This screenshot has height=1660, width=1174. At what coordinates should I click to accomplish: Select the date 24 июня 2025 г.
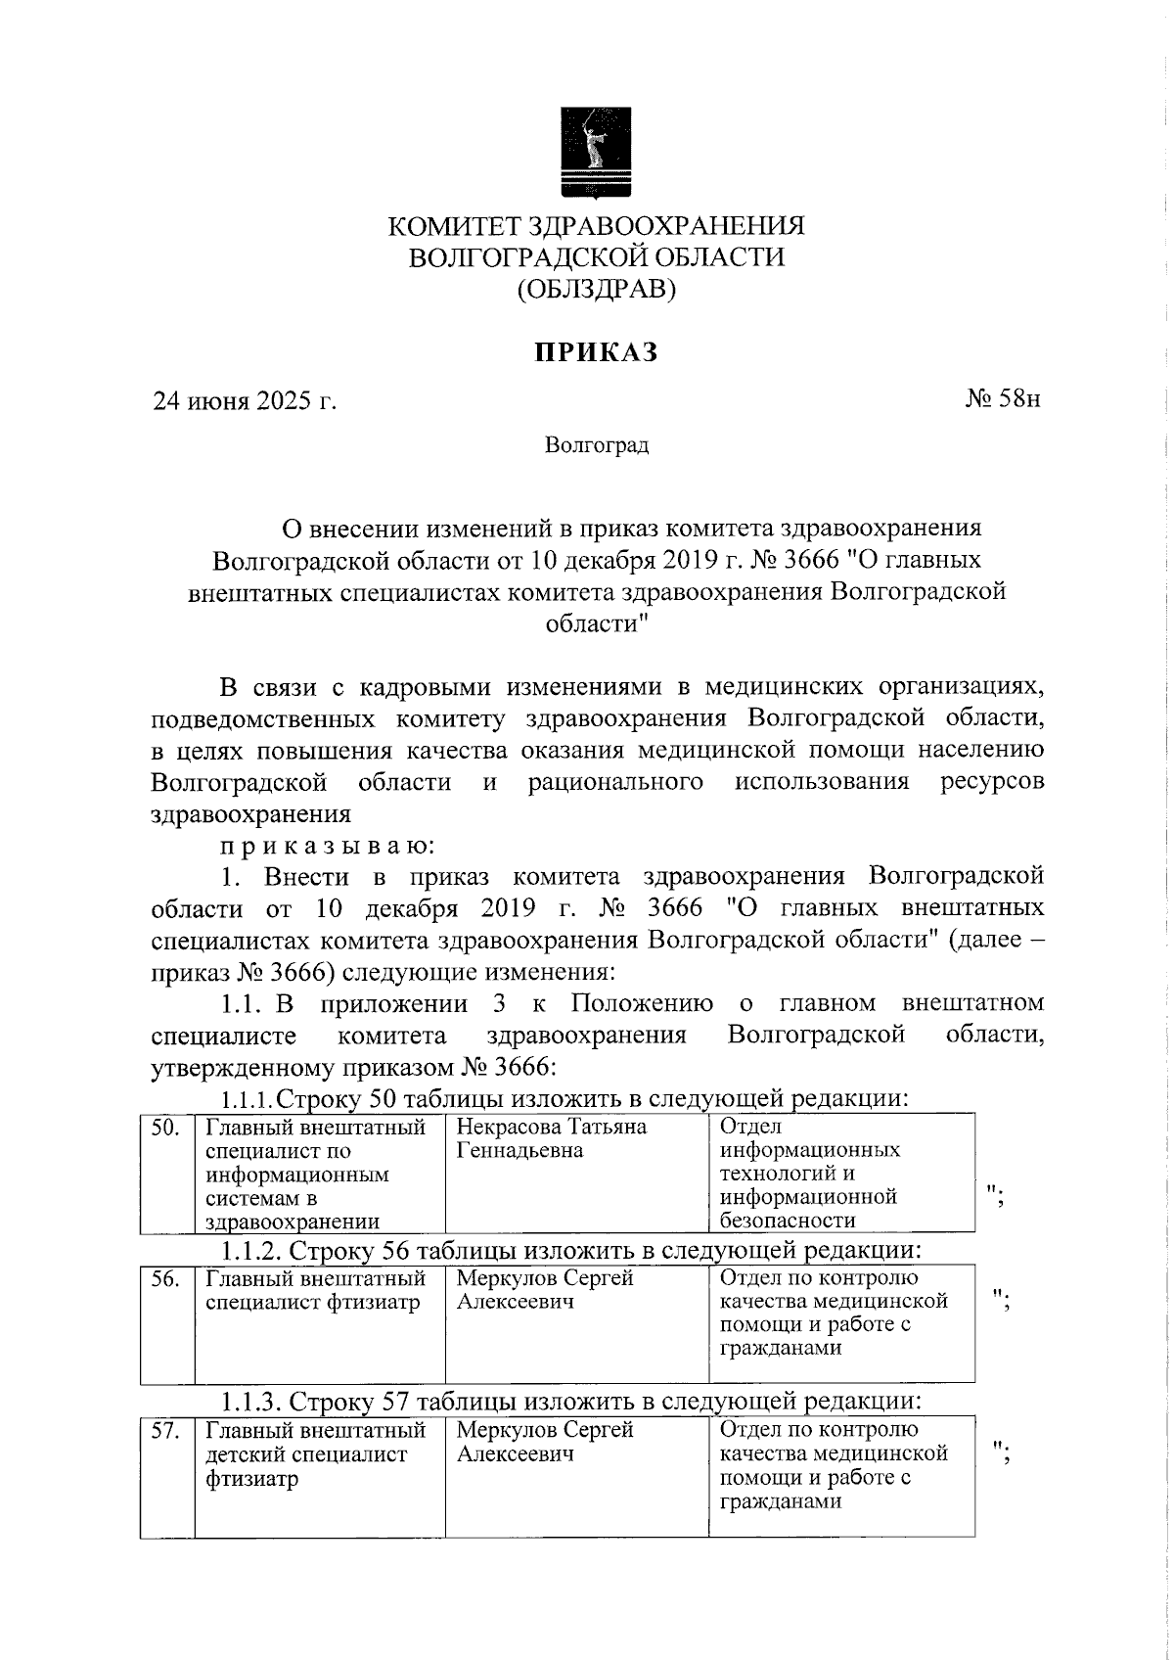[244, 400]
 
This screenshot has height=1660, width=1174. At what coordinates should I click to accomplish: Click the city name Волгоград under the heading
[597, 446]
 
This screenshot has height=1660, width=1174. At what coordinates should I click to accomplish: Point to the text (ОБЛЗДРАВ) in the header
[597, 290]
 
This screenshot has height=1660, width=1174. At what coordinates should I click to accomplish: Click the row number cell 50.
[167, 1128]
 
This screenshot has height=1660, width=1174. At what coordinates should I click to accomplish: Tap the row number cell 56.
[167, 1279]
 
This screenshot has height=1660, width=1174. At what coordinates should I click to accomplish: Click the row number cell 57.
[167, 1431]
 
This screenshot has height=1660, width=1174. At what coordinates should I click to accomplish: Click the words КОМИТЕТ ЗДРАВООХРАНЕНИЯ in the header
[597, 227]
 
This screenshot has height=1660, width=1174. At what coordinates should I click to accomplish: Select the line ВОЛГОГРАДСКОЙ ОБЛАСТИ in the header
[597, 257]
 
